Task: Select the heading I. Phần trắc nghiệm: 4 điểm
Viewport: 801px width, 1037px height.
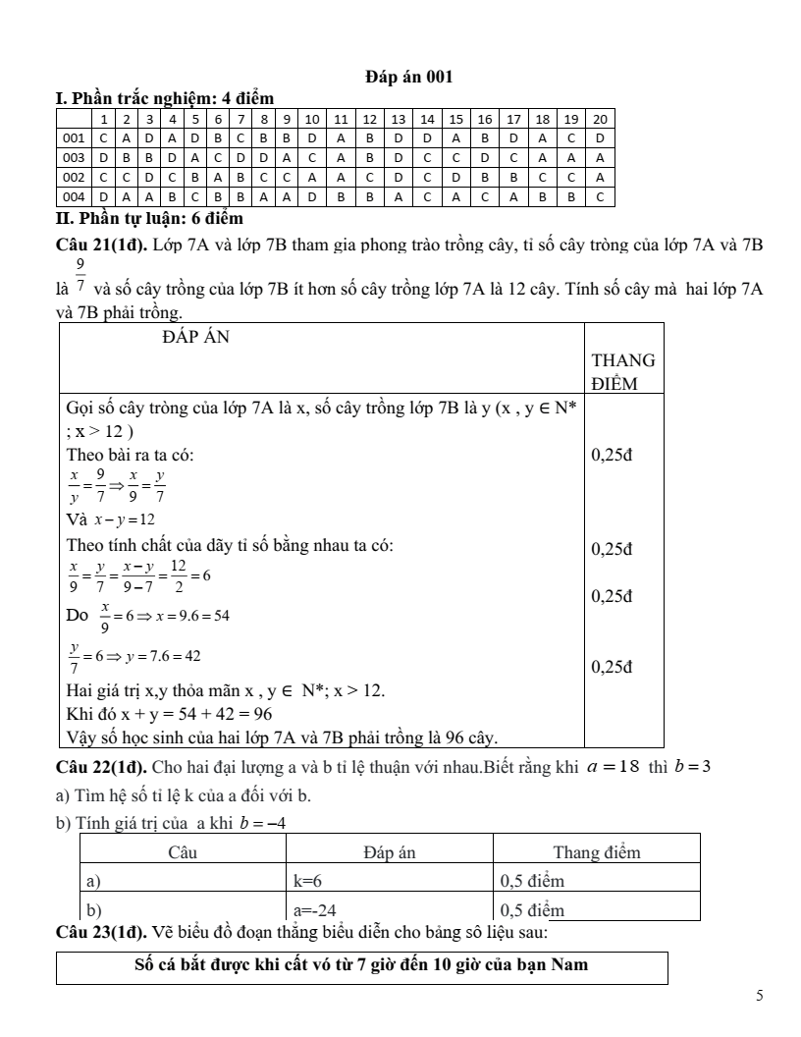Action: (168, 97)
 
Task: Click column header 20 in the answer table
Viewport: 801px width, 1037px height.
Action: (600, 119)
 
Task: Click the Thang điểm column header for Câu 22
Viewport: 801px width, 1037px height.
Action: (597, 852)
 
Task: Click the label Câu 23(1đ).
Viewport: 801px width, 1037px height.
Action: (101, 931)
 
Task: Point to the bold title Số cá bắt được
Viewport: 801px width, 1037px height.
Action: (360, 965)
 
